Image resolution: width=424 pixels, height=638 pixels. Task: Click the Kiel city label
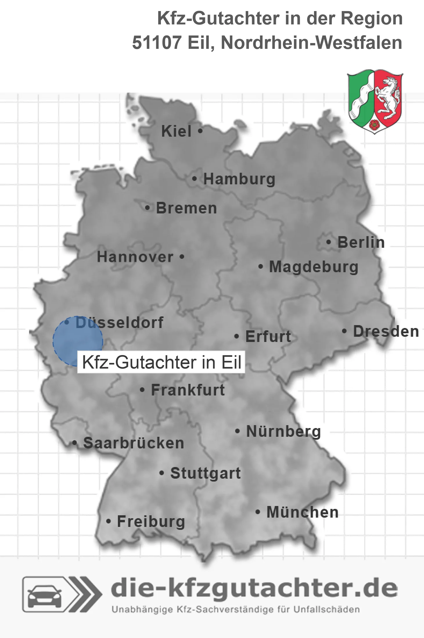(x=176, y=131)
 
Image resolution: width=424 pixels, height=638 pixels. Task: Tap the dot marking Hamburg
(x=195, y=179)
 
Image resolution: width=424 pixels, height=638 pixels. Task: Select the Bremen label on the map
(x=186, y=208)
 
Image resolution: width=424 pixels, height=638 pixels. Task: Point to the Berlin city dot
(x=329, y=242)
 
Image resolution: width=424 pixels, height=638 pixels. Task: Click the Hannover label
(x=135, y=257)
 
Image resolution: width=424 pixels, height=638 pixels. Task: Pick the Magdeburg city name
(x=314, y=267)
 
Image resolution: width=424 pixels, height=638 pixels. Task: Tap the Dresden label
(x=386, y=332)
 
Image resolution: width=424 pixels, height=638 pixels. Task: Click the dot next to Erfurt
(x=237, y=337)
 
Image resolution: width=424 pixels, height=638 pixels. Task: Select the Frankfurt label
(x=188, y=390)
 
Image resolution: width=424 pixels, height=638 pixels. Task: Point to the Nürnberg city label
(x=283, y=432)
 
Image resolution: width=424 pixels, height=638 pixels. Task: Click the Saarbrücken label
(x=134, y=443)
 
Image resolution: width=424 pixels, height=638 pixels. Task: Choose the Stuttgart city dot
(x=162, y=473)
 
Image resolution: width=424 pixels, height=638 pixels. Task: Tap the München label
(x=303, y=512)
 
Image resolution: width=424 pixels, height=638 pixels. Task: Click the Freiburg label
(x=151, y=522)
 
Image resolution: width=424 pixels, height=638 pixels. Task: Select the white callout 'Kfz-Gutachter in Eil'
(x=161, y=362)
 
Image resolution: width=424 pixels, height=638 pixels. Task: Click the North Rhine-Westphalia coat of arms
(x=375, y=101)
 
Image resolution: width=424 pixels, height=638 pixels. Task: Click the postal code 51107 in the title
(x=157, y=43)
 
